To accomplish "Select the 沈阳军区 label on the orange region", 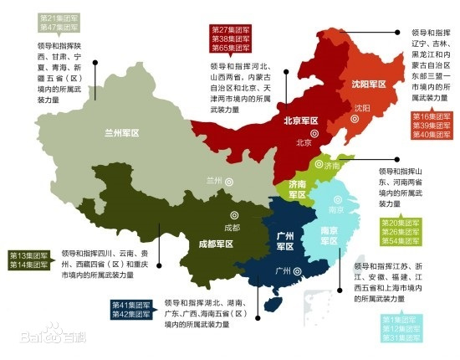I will [370, 85].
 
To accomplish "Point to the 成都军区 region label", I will [217, 244].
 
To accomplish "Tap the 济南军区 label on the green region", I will [299, 189].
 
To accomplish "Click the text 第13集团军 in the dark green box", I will [28, 255].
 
